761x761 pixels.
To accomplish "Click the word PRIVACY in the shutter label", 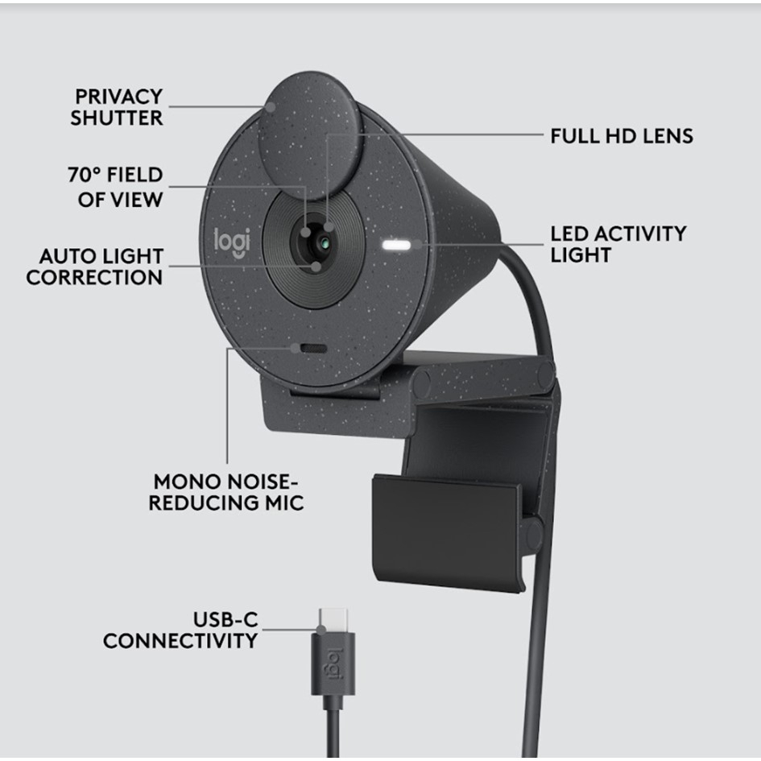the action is (118, 97).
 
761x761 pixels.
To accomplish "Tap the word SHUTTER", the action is (117, 118).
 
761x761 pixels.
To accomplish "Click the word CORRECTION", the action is (94, 278).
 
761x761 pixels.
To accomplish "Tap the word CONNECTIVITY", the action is (180, 641).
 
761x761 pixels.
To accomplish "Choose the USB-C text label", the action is (225, 620).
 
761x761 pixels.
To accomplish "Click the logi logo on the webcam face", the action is (233, 242).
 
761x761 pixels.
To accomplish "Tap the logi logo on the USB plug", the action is (333, 664).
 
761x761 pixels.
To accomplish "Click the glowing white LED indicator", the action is (396, 245).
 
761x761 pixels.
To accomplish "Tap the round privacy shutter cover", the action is (310, 136).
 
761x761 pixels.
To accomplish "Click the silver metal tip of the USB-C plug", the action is (333, 620).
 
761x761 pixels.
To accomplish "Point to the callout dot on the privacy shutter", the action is (271, 106).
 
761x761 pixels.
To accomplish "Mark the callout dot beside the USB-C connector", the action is (321, 630).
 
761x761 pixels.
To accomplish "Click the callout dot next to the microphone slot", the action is (295, 348).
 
